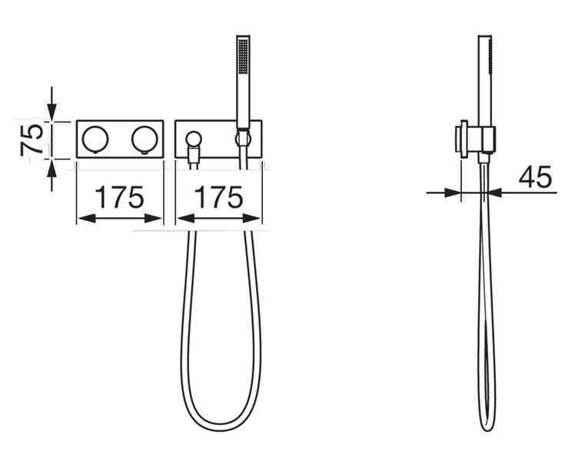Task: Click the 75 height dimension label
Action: click(32, 140)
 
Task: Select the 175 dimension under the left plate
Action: click(119, 197)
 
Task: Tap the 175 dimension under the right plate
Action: click(218, 197)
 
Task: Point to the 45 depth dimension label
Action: click(535, 177)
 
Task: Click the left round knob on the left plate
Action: click(95, 139)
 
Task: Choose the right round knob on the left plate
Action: click(145, 139)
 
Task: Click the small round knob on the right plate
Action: click(193, 139)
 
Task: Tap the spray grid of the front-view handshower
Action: click(243, 55)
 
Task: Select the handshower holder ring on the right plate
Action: click(243, 139)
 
